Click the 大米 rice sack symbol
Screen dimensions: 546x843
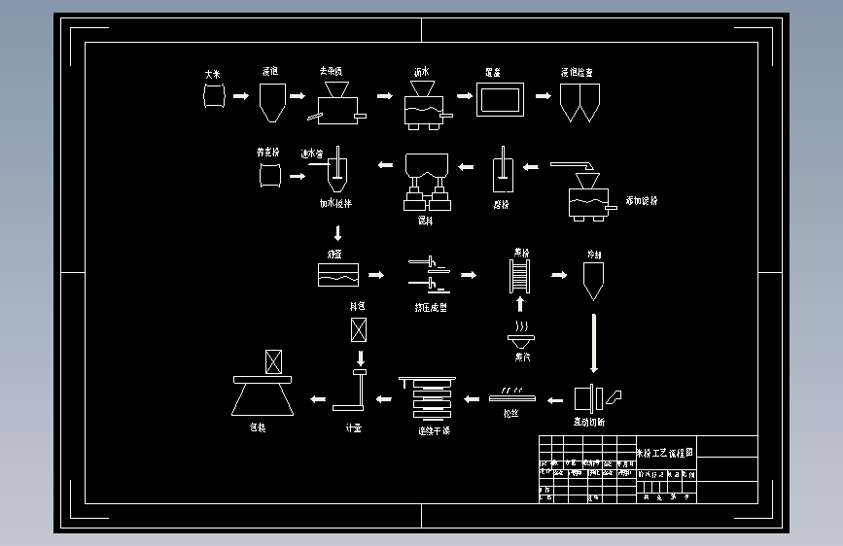[x=214, y=96]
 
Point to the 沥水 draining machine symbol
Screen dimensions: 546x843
[x=423, y=105]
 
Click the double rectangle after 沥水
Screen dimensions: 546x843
[x=500, y=99]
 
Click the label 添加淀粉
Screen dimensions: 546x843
[x=642, y=201]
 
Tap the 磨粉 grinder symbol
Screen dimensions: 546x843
[x=503, y=172]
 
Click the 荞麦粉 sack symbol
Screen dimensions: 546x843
[x=268, y=176]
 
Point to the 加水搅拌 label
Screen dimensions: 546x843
[x=335, y=204]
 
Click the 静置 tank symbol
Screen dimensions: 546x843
[x=338, y=274]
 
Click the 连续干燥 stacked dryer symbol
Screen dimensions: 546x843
[x=429, y=396]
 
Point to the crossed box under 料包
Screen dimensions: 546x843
[x=359, y=329]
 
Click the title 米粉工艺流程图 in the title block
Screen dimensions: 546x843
[x=665, y=452]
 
